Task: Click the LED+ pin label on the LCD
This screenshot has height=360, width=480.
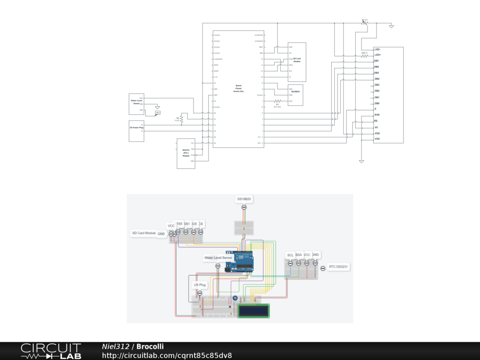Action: point(377,55)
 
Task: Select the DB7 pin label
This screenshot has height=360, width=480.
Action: point(376,61)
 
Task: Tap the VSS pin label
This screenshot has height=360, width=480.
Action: point(377,139)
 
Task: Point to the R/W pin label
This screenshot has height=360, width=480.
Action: point(377,115)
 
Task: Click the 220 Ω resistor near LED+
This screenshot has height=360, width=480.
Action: point(364,55)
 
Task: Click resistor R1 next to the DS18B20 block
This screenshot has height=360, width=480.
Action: point(277,101)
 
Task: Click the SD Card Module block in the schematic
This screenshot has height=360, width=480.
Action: point(297,62)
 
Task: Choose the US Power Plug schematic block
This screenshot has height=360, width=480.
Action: point(137,131)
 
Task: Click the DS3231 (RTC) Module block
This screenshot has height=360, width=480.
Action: point(186,153)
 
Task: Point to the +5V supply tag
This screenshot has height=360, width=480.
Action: point(157,113)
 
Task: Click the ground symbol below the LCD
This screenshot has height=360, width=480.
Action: point(361,161)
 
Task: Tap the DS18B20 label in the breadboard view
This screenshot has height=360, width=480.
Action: point(244,200)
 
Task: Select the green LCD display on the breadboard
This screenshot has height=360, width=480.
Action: point(254,311)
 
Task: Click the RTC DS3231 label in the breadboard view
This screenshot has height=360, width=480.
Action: point(340,267)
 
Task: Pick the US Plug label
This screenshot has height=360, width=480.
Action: point(200,285)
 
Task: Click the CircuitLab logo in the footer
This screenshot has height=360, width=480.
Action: point(50,351)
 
